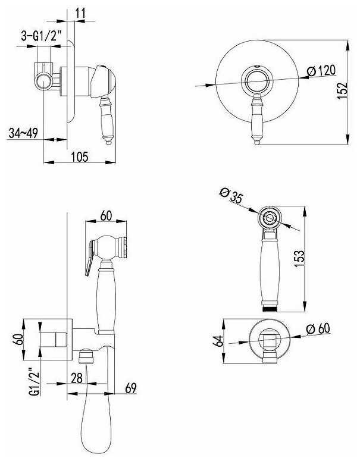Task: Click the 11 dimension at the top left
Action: pos(80,13)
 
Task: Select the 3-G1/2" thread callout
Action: pos(41,36)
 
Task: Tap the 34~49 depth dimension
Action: pos(23,133)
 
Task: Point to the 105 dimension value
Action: pos(80,156)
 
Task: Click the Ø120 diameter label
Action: pos(321,71)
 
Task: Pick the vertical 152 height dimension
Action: pos(342,90)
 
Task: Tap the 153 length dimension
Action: pos(299,258)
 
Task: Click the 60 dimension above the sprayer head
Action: pos(106,215)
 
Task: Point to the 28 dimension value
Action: pos(77,378)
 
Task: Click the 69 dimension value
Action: pos(131,388)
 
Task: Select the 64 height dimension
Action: pos(218,341)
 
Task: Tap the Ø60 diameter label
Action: pos(318,329)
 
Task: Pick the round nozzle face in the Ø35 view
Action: pos(270,218)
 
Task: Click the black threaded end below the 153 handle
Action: pos(270,309)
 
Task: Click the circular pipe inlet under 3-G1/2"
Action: pos(44,81)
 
